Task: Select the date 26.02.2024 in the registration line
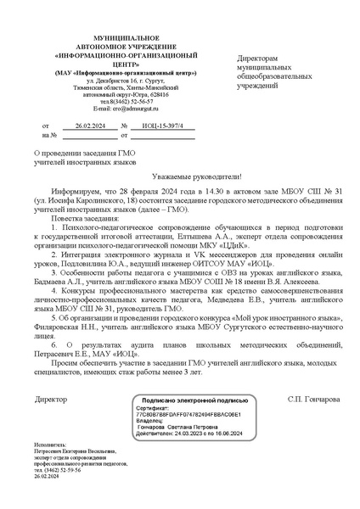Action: point(88,125)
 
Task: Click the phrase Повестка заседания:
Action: point(86,218)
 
